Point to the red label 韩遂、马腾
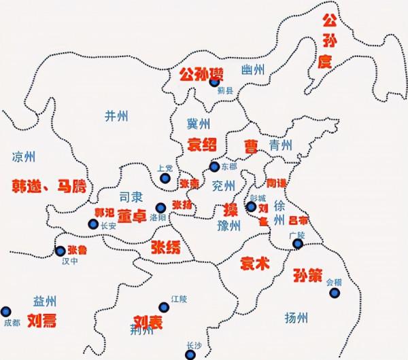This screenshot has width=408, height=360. coord(50,185)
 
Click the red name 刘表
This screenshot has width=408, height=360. coord(148,323)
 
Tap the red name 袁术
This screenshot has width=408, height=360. coord(255,264)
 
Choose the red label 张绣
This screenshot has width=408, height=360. coord(166,247)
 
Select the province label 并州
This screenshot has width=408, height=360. coord(116,115)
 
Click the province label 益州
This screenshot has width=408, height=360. coord(45,302)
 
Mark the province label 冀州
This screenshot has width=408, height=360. coord(199,124)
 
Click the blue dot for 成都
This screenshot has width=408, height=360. coord(7,310)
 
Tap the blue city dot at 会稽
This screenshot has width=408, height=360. coord(335,293)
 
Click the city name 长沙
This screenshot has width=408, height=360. coord(193,354)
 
